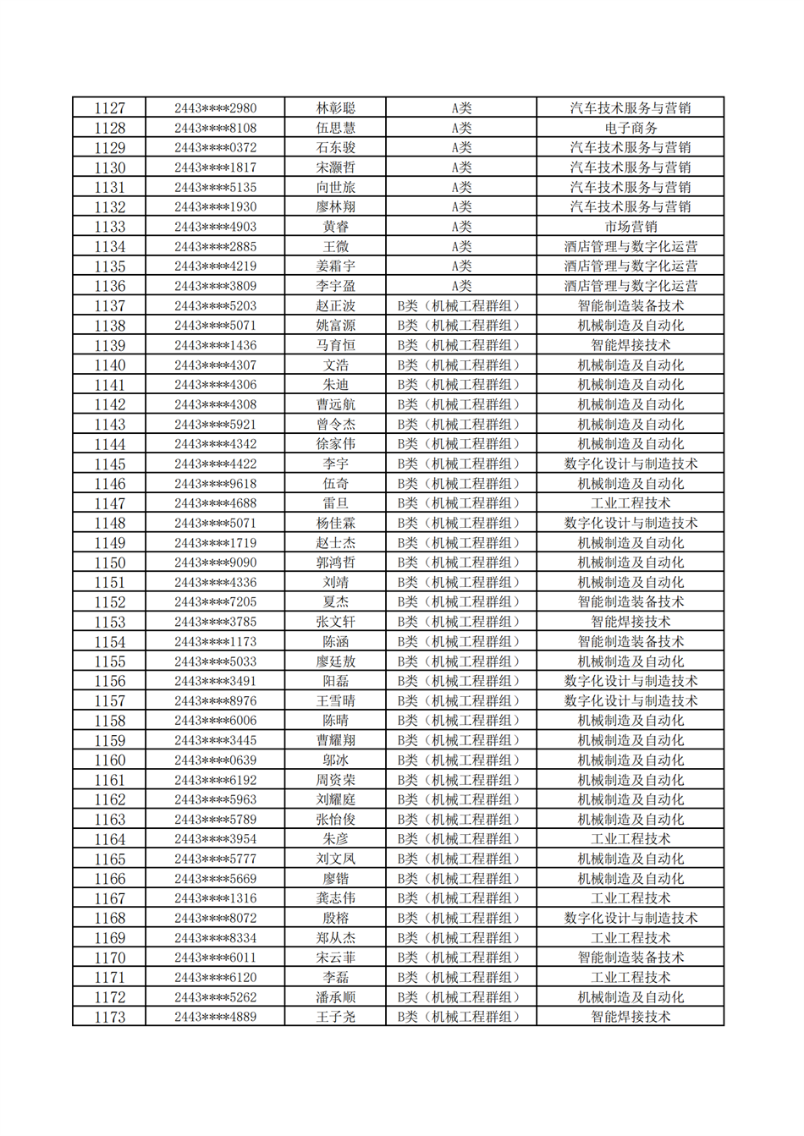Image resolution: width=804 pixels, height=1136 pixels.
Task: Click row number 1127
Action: coord(109,108)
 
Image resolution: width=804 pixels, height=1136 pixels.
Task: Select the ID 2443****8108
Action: coord(215,128)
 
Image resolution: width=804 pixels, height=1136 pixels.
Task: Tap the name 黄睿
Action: coord(335,227)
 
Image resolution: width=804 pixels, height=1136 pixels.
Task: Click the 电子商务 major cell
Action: coord(630,128)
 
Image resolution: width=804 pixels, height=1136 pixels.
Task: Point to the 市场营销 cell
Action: coord(630,227)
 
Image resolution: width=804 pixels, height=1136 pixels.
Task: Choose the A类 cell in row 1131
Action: coord(460,187)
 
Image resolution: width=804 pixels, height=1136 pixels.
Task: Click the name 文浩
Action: coord(335,365)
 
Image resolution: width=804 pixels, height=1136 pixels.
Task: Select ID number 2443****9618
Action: coord(215,484)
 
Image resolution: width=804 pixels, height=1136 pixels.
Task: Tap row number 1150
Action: coord(109,563)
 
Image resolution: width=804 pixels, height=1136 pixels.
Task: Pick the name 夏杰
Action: coord(335,602)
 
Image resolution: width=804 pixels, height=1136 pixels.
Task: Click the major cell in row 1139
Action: coord(630,345)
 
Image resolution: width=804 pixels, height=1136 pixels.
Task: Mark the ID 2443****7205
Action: coord(215,602)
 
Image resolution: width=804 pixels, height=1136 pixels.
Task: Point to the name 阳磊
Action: coord(335,681)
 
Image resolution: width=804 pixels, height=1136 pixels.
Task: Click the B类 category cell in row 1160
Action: coord(460,760)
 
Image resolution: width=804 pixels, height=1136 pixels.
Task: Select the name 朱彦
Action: coord(335,839)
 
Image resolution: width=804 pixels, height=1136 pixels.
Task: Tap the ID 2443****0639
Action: coord(215,760)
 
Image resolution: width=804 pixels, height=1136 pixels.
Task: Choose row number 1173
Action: coord(109,1017)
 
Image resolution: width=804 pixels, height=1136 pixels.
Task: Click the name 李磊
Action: coord(335,977)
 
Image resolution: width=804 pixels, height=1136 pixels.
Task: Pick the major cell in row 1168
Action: coord(630,918)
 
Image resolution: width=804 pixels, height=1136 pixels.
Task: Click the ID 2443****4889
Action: coord(215,1017)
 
